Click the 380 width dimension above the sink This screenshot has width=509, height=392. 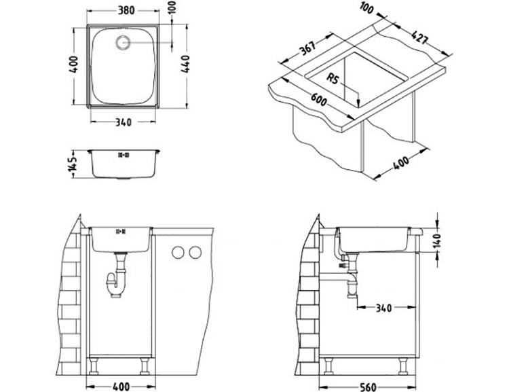pyautogui.click(x=126, y=11)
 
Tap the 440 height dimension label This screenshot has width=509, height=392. pyautogui.click(x=185, y=65)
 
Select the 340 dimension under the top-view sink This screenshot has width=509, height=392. pyautogui.click(x=124, y=122)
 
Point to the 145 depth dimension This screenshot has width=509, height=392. pyautogui.click(x=73, y=166)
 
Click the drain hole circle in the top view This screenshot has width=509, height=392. pyautogui.click(x=123, y=42)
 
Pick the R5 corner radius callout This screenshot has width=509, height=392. pyautogui.click(x=333, y=79)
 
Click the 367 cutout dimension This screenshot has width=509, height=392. pyautogui.click(x=306, y=49)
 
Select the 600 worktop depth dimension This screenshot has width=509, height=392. pyautogui.click(x=319, y=99)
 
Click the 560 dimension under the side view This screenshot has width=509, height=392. pyautogui.click(x=368, y=387)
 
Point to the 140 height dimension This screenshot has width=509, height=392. pyautogui.click(x=437, y=239)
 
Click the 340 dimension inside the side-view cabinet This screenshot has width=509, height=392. pyautogui.click(x=383, y=308)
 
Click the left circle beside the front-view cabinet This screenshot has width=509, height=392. pyautogui.click(x=178, y=252)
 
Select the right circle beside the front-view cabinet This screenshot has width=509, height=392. pyautogui.click(x=195, y=252)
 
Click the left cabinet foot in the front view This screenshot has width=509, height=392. pyautogui.click(x=94, y=366)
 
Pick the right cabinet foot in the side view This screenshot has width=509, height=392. pyautogui.click(x=404, y=366)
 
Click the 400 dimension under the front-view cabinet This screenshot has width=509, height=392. pyautogui.click(x=121, y=387)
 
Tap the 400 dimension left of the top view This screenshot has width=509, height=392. pyautogui.click(x=75, y=65)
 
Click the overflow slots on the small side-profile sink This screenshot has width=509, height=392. pyautogui.click(x=124, y=155)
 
